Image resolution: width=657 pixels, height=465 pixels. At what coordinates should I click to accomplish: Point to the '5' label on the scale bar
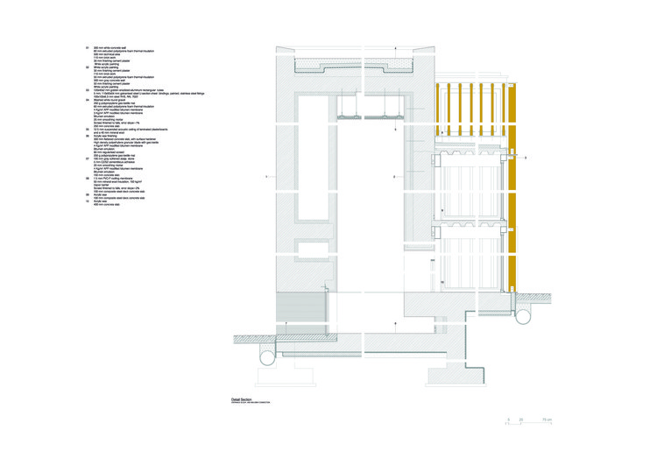click(507, 420)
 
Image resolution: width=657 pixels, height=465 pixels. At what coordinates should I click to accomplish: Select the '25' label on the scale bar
click(521, 420)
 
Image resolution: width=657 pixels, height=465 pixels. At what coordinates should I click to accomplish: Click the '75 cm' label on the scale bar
click(547, 420)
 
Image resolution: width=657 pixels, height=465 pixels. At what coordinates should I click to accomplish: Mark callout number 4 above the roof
click(395, 46)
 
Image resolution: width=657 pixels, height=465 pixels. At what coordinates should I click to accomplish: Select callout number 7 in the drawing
click(286, 324)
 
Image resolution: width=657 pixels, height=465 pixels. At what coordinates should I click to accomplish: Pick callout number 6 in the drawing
click(395, 324)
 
